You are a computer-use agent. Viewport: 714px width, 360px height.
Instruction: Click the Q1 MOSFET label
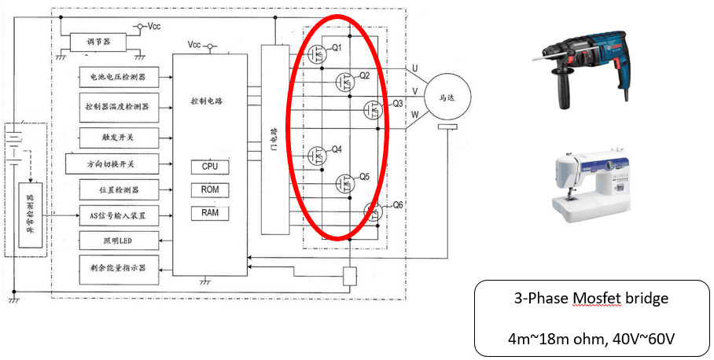click(337, 48)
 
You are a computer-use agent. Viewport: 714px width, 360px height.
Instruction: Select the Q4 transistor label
click(337, 149)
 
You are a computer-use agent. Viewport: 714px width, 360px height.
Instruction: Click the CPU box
click(210, 167)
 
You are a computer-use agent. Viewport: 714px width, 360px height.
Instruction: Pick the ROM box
click(210, 190)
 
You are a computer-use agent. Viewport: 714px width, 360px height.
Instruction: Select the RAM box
click(210, 213)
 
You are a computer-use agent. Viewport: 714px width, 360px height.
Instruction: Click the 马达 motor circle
click(446, 97)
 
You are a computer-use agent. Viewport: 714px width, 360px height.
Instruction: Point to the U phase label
click(414, 69)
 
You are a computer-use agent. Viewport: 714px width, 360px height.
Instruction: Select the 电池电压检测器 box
click(118, 77)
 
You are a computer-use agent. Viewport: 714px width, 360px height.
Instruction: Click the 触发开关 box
click(120, 137)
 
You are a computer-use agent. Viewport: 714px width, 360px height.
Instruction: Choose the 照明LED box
click(119, 241)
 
